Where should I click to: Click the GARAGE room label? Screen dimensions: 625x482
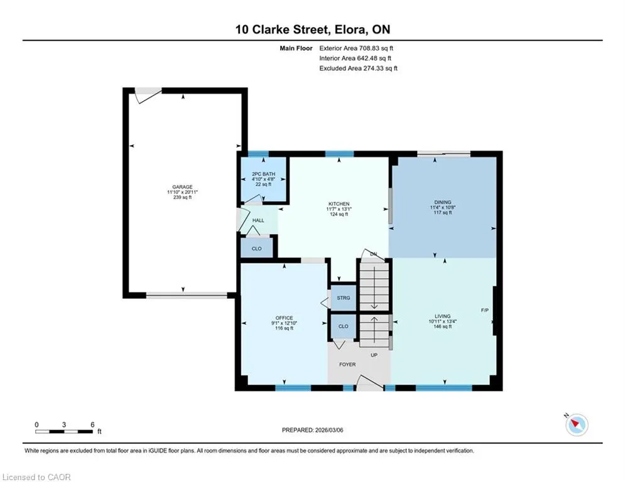point(182,187)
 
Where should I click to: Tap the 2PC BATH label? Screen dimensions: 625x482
point(263,174)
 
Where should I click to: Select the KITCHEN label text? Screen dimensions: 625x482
point(339,204)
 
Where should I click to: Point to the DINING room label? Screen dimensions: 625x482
point(442,202)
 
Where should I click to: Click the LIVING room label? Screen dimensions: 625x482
point(442,316)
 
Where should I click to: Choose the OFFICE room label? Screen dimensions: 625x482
point(284,318)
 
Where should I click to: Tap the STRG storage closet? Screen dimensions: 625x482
point(343,298)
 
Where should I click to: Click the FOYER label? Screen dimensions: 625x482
point(347,365)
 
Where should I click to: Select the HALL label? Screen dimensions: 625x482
point(258,220)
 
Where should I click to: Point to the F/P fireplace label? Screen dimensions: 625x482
point(485,310)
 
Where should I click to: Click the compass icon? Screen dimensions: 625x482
point(577,425)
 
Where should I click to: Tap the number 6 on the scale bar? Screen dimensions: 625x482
point(92,425)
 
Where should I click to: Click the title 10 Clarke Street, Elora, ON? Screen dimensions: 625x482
point(313,29)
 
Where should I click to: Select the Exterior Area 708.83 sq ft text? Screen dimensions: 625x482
point(356,48)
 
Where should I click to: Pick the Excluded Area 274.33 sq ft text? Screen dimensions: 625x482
point(358,68)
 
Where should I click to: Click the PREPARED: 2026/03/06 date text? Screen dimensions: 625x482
point(313,430)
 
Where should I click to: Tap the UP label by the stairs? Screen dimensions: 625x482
point(374,355)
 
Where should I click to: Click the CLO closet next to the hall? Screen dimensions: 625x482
point(257,248)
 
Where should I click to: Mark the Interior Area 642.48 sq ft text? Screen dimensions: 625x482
point(355,58)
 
